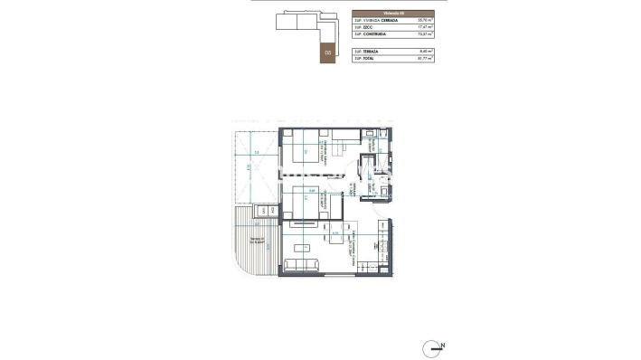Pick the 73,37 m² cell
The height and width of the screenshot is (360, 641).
pos(425,34)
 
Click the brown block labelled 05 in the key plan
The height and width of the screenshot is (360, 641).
pos(326,52)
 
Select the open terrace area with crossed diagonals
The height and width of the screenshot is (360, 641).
pos(254,172)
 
